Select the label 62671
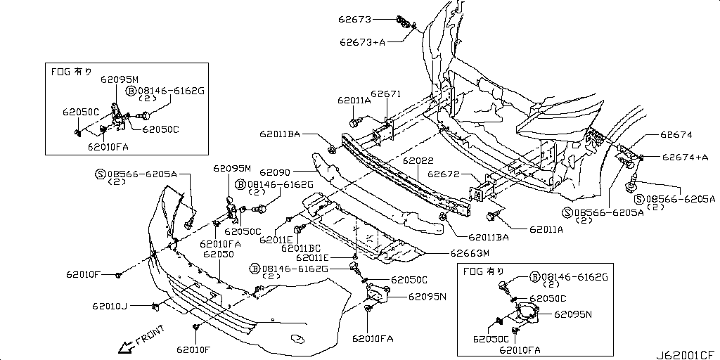coord(385,94)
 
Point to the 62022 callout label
coord(418,160)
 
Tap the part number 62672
coord(444,174)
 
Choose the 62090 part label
coord(274,172)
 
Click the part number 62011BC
coord(301,247)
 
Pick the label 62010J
coord(109,306)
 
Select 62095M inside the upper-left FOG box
coord(119,79)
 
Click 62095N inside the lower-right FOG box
coord(573,314)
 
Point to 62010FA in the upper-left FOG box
coord(108,146)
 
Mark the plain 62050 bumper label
coord(219,253)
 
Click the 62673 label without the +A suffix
coord(356,19)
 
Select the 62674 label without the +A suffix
coord(676,134)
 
